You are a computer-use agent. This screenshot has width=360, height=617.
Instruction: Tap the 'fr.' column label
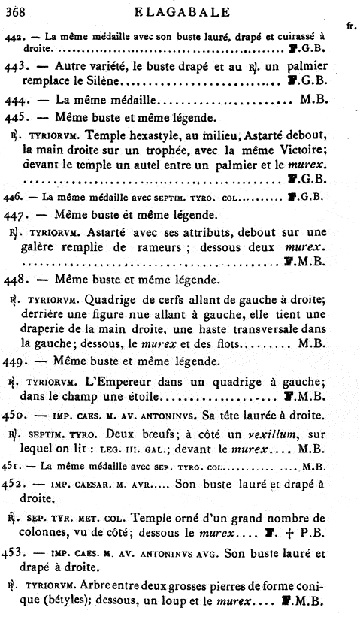point(349,25)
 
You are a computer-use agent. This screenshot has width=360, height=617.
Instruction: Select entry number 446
point(13,198)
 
